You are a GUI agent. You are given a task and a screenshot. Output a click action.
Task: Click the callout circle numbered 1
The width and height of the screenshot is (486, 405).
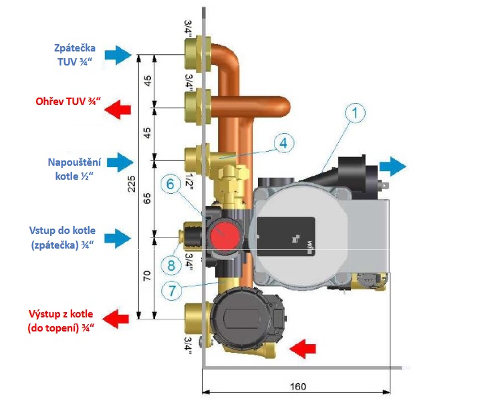(355, 113)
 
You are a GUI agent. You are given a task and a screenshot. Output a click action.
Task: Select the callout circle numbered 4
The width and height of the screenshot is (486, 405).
(284, 143)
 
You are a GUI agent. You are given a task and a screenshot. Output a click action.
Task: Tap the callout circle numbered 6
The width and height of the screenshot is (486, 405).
(170, 184)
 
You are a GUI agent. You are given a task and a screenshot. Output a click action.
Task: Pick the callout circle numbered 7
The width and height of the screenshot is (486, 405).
(172, 291)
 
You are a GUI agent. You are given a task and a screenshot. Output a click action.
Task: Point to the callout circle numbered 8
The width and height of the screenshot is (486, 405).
(170, 265)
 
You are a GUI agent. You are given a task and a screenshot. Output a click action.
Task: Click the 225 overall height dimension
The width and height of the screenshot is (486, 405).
(132, 184)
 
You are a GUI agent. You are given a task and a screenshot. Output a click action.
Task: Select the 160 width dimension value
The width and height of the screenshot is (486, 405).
(298, 386)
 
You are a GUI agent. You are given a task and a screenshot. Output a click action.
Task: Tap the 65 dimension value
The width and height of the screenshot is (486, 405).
(147, 198)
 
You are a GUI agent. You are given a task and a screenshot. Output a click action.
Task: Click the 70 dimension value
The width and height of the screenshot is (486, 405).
(147, 276)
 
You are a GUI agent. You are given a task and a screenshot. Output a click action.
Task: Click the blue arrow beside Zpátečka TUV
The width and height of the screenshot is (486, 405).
(118, 55)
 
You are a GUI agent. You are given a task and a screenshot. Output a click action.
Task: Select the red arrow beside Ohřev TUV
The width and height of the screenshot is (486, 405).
(118, 110)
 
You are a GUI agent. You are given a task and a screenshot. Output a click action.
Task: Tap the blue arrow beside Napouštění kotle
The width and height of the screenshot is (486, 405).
(120, 162)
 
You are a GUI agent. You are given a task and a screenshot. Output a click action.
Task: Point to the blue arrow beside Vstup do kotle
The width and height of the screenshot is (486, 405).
(118, 239)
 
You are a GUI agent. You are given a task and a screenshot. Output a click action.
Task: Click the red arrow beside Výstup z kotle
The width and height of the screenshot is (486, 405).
(115, 319)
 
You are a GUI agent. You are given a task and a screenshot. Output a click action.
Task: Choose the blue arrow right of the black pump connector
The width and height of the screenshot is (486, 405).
(392, 166)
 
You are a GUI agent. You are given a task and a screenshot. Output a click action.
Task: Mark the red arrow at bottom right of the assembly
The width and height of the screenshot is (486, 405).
(303, 349)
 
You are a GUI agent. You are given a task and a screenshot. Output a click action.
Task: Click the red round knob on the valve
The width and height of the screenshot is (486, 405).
(225, 235)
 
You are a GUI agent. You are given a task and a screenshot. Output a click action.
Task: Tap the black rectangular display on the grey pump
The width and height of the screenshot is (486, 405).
(286, 237)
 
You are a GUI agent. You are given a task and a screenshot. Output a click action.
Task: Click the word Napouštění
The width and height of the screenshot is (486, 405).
(74, 162)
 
